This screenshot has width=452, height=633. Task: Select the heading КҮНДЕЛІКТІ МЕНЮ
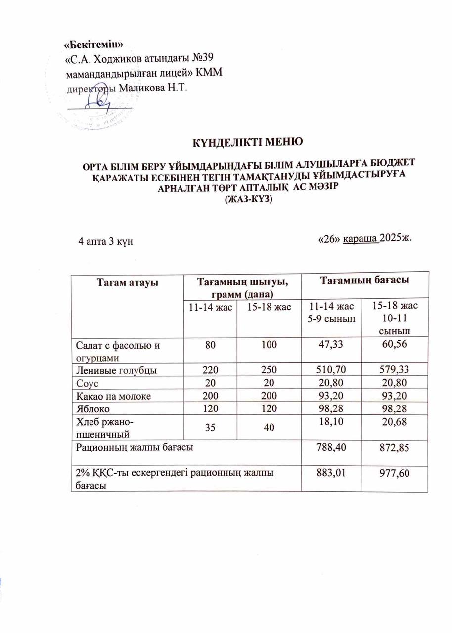click(247, 144)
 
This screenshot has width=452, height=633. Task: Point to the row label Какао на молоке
click(112, 395)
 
